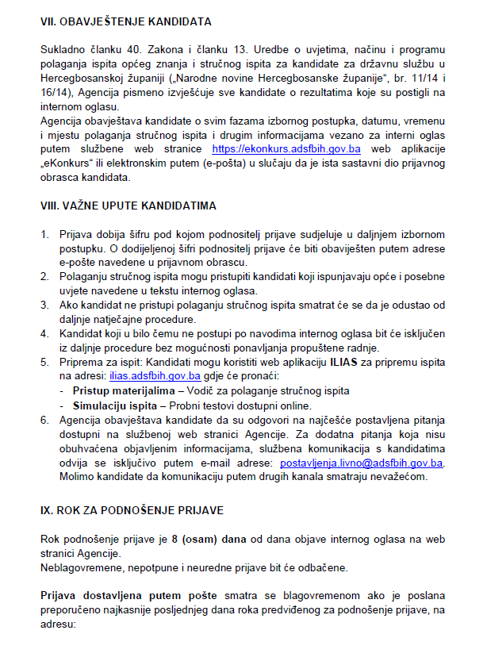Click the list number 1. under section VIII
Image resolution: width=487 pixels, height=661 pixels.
tap(45, 236)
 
